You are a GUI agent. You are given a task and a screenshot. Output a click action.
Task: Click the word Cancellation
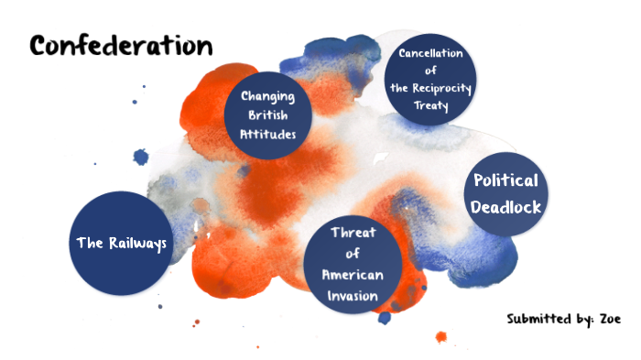click(430, 52)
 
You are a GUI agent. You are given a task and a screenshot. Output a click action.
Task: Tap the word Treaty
click(430, 106)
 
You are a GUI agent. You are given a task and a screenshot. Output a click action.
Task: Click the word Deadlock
click(506, 206)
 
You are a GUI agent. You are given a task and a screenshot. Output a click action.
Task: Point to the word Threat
click(353, 232)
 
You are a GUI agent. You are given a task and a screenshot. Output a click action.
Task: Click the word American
click(353, 275)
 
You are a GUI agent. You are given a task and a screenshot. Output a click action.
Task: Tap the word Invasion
click(353, 296)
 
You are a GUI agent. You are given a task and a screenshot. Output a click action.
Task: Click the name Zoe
click(613, 319)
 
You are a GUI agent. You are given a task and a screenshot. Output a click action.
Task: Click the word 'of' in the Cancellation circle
click(430, 71)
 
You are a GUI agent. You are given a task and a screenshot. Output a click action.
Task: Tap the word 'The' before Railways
click(90, 243)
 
